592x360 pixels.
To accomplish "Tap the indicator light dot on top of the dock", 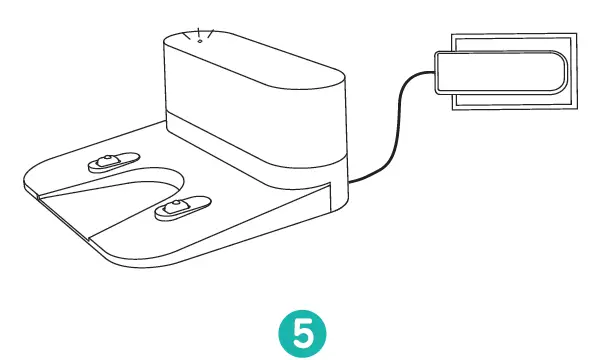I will coord(199,40).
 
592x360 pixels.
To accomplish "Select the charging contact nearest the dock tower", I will coord(112,163).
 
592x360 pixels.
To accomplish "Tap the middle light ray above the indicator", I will coord(199,28).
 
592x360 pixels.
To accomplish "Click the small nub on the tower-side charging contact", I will coord(107,161).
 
